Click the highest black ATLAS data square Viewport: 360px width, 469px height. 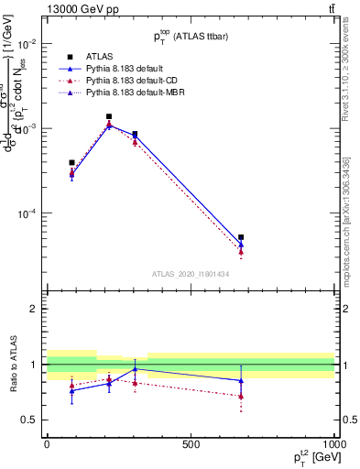tap(109, 117)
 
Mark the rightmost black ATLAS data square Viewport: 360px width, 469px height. tap(241, 237)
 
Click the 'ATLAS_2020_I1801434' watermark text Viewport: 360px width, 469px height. tap(191, 275)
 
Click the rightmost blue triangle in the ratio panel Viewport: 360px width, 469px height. tap(241, 380)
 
